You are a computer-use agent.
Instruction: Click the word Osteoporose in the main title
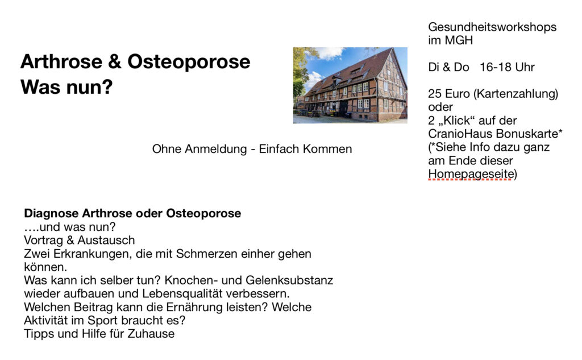(x=189, y=62)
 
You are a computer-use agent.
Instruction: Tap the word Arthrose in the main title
(x=61, y=61)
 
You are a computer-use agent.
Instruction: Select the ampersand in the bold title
(x=115, y=61)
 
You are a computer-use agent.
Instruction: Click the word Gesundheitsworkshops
(x=492, y=27)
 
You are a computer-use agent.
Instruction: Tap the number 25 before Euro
(x=434, y=94)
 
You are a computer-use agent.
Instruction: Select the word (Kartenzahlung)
(x=516, y=94)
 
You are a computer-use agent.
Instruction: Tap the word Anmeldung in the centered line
(x=215, y=150)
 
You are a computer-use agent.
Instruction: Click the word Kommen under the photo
(x=328, y=149)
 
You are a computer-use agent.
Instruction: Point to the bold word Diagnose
(x=51, y=214)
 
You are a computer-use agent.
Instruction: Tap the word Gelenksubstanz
(x=289, y=280)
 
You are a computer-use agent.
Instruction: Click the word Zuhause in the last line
(x=151, y=334)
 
